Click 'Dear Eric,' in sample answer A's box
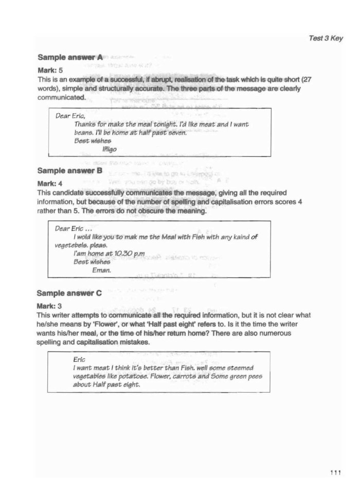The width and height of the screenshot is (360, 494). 70,116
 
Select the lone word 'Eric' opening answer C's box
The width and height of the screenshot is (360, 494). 80,360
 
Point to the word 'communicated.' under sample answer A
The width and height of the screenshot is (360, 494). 61,97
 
